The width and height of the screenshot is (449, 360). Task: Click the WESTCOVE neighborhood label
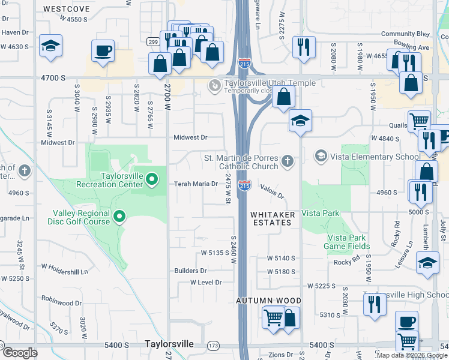click(x=67, y=9)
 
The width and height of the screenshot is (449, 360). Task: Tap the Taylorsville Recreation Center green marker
click(x=152, y=178)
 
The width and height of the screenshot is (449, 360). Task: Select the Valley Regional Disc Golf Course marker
click(x=119, y=215)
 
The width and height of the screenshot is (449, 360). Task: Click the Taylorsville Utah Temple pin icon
click(x=214, y=87)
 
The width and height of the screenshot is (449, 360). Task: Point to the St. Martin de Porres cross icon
click(x=288, y=160)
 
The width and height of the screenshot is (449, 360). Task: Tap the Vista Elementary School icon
click(x=321, y=157)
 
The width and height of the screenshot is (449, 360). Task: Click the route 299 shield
click(x=154, y=41)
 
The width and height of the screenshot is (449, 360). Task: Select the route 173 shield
click(x=213, y=346)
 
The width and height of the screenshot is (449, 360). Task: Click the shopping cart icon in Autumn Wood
click(x=273, y=316)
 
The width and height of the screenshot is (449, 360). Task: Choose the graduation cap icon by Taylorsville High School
click(x=427, y=263)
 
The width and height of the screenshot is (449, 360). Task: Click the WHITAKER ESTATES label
click(x=270, y=218)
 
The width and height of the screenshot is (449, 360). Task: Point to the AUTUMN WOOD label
click(x=268, y=300)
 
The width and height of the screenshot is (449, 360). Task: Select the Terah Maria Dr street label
click(x=195, y=184)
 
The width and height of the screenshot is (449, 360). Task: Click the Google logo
click(x=21, y=353)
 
